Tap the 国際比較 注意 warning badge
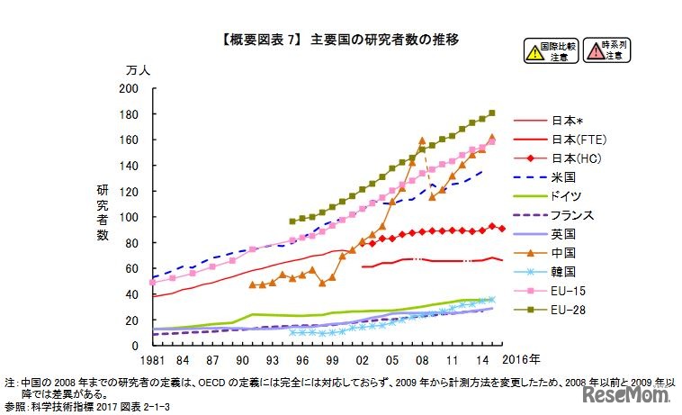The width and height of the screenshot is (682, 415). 550,50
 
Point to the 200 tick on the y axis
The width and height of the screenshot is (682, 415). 128,88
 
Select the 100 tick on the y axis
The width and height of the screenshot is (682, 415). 128,217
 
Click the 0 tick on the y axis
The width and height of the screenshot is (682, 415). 134,346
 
